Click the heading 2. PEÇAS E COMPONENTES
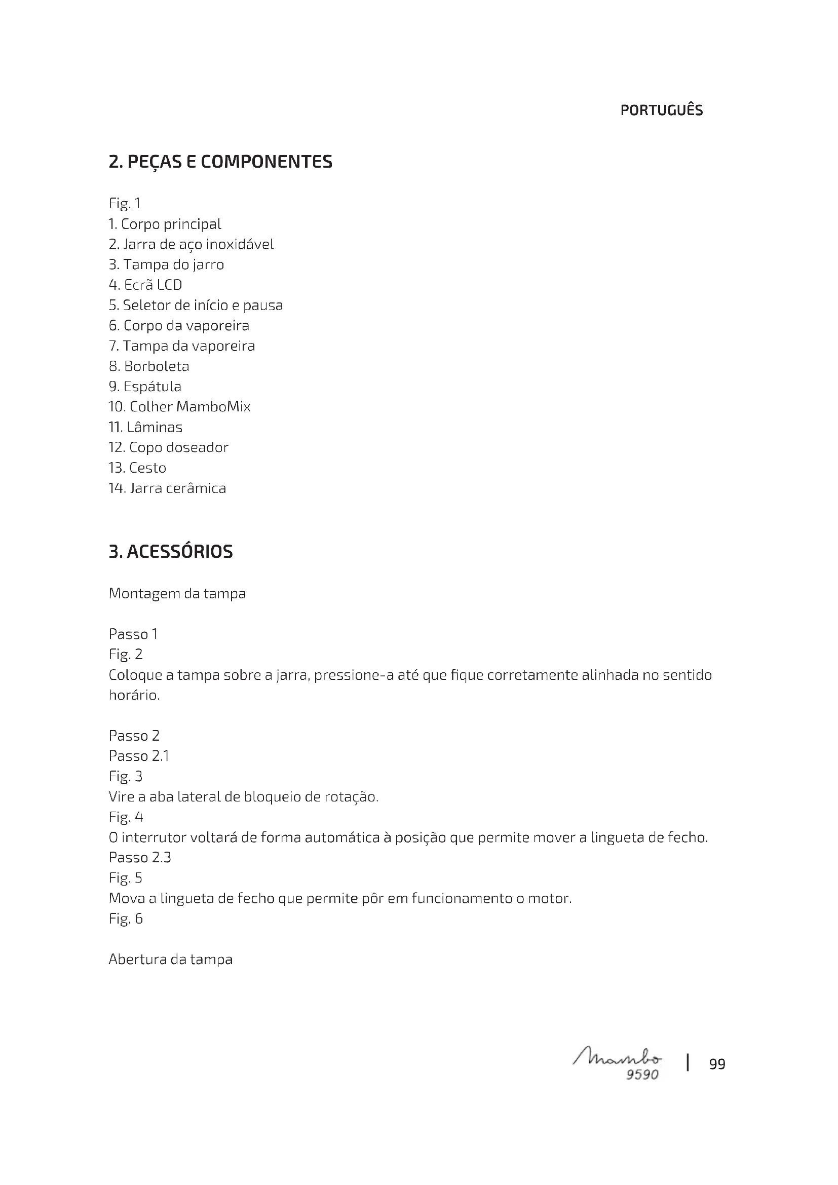(x=220, y=162)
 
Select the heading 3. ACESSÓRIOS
(x=170, y=552)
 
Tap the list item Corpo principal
(x=165, y=224)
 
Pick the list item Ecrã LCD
(x=145, y=285)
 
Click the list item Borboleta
(x=148, y=366)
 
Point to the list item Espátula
(x=145, y=387)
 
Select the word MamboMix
(x=213, y=407)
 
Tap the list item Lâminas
(x=145, y=428)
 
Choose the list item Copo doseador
(x=168, y=447)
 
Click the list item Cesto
(x=137, y=468)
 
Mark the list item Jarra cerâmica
(x=167, y=488)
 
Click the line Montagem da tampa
(x=177, y=594)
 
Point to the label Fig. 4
(x=126, y=817)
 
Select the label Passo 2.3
(x=140, y=857)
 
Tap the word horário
(x=134, y=695)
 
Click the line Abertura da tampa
(x=170, y=960)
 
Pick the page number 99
(x=717, y=1064)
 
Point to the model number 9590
(x=642, y=1075)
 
